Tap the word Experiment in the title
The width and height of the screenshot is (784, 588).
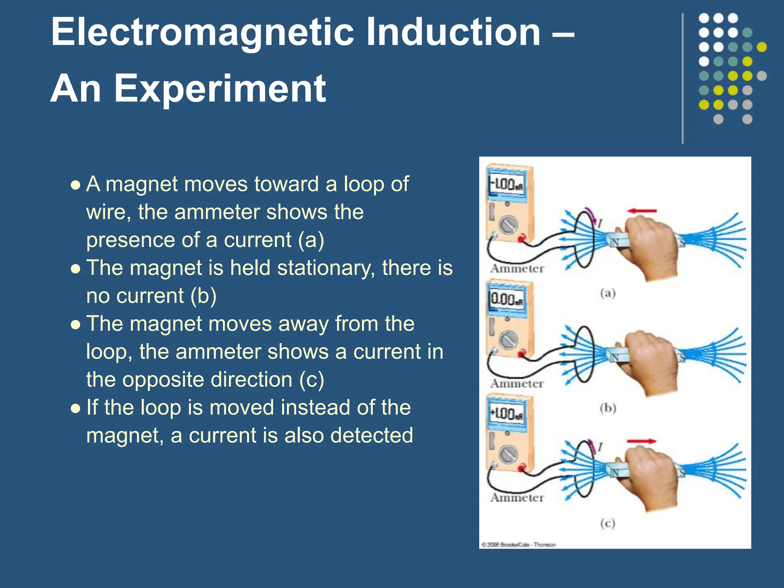click(220, 89)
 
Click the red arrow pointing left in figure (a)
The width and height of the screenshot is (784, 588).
click(642, 211)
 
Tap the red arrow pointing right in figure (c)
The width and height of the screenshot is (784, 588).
click(642, 441)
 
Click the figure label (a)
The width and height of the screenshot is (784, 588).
click(608, 294)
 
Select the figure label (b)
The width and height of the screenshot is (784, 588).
click(608, 408)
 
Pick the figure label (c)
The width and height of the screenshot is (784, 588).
click(608, 523)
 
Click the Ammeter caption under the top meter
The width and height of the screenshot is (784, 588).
click(517, 269)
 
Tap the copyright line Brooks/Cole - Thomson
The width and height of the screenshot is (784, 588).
click(519, 544)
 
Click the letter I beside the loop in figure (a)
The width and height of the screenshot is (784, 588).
click(600, 223)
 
